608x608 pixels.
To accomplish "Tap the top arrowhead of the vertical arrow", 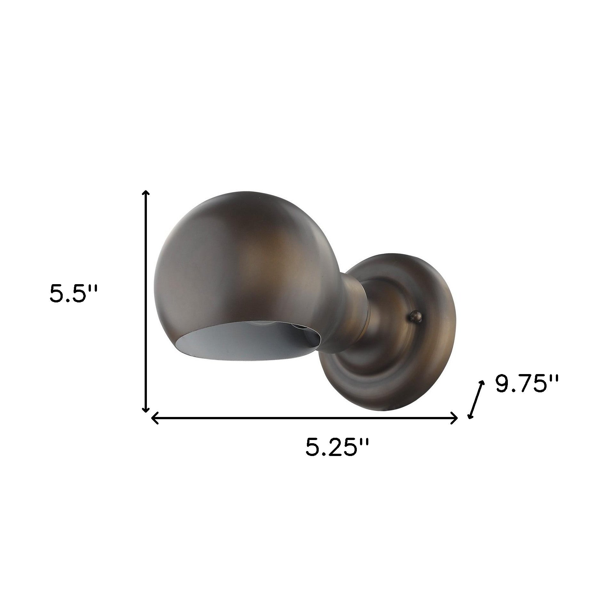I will click(146, 193).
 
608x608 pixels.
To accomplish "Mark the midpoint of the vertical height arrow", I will click(146, 301).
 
